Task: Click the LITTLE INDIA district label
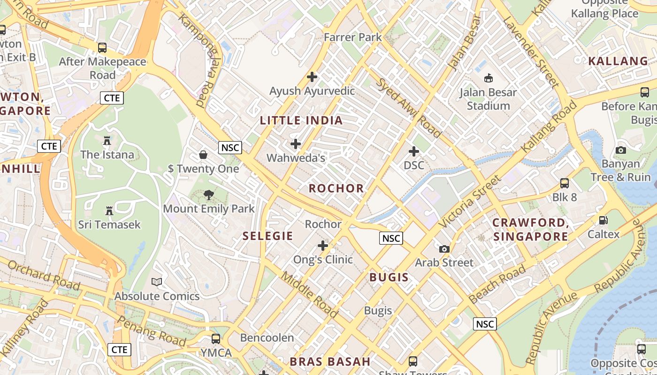point(301,120)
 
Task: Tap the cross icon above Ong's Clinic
point(323,245)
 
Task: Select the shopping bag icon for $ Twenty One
point(204,154)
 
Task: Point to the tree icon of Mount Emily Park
point(209,195)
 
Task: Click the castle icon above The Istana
point(107,140)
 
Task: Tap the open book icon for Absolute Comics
point(157,282)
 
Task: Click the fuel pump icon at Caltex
point(604,220)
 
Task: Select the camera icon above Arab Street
point(444,248)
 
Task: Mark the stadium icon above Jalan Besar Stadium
point(488,78)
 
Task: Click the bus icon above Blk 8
point(565,183)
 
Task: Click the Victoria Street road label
point(470,201)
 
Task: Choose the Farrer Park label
point(353,37)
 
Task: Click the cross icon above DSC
point(414,151)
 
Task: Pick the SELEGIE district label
point(267,236)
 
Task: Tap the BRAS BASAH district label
point(330,361)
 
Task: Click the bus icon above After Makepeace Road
point(102,47)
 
